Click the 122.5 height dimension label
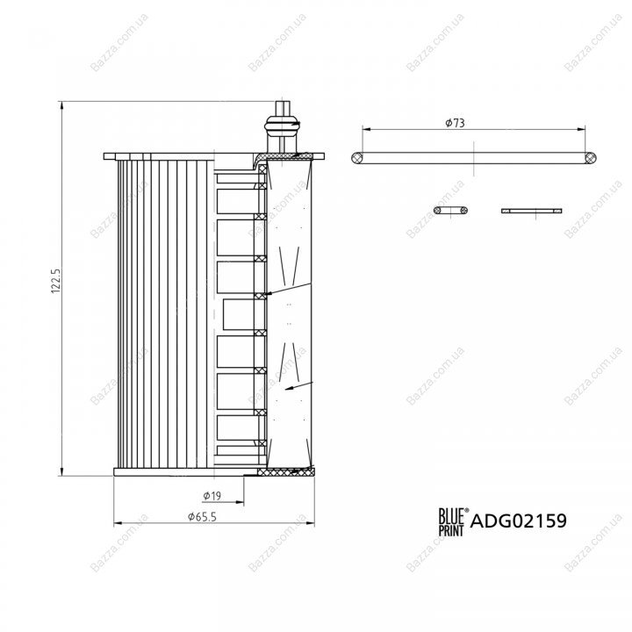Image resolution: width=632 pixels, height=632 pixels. [x=55, y=281]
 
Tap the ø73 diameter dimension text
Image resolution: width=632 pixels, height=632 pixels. [x=455, y=123]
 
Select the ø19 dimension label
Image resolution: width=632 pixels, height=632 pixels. [x=212, y=495]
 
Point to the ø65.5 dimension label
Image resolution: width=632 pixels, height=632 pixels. [x=202, y=516]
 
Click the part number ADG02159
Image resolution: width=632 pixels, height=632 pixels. [x=519, y=521]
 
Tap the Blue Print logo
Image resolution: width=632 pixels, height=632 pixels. [x=453, y=521]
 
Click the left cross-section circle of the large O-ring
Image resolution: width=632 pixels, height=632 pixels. [x=357, y=158]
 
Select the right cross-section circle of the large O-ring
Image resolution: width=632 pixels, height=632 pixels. [x=591, y=158]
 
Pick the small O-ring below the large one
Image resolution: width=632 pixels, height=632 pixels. [x=450, y=211]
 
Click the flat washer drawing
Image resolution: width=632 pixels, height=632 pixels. [x=532, y=211]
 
